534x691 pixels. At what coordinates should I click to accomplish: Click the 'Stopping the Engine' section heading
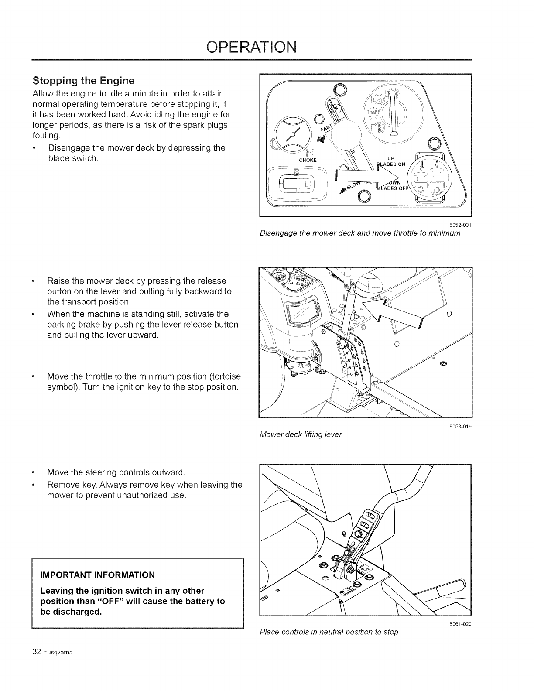click(x=83, y=81)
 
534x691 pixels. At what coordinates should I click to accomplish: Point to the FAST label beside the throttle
click(x=326, y=127)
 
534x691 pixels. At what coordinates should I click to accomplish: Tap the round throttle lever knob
click(x=347, y=134)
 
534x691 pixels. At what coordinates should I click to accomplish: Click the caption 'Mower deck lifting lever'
click(x=301, y=434)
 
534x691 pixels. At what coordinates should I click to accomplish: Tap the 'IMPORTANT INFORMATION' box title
click(x=97, y=574)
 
